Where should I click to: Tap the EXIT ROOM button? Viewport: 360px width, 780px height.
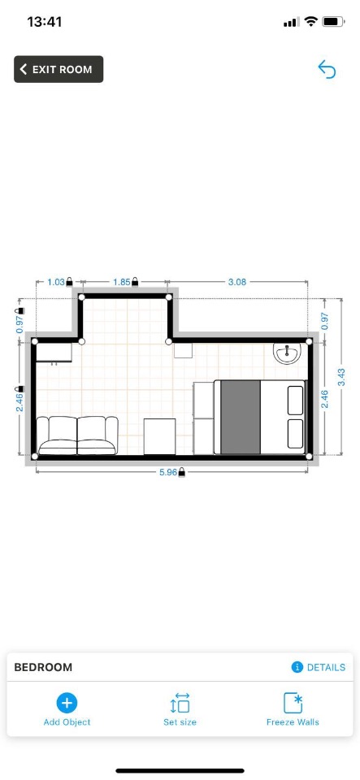tap(59, 69)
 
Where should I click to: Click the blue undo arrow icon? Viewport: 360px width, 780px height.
tap(327, 69)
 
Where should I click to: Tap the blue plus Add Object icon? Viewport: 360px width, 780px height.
tap(67, 703)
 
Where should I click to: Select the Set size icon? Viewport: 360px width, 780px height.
tap(180, 703)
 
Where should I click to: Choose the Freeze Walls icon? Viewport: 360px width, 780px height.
tap(293, 703)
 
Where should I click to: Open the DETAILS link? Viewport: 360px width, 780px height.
tap(319, 667)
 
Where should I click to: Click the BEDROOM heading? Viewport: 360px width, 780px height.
tap(43, 667)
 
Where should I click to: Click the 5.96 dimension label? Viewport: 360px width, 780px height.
tap(168, 472)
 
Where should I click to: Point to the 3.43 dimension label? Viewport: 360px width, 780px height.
tap(341, 376)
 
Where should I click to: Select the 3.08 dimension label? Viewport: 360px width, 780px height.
tap(237, 282)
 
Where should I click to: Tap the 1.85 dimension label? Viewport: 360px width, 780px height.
tap(121, 282)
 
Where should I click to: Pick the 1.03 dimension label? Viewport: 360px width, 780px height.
tap(56, 282)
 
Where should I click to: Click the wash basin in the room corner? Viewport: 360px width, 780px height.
tap(287, 353)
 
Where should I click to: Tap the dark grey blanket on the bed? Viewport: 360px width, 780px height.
tap(241, 417)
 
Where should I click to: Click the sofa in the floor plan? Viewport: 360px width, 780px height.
tap(77, 435)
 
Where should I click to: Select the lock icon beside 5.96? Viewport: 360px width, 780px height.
tap(182, 472)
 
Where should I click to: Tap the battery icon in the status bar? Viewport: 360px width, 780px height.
tap(334, 21)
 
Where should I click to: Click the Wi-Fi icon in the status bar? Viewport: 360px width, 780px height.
tap(311, 21)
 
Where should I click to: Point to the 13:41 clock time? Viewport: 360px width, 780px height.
tap(44, 22)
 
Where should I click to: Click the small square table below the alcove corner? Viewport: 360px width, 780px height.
tap(183, 349)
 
